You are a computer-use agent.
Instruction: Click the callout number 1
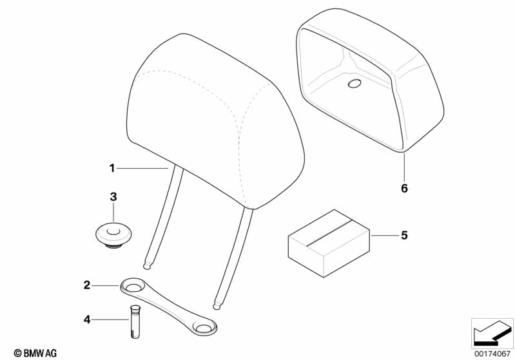112,168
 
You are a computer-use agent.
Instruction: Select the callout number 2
87,285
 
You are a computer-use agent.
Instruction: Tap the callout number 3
113,197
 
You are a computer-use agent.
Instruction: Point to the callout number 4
87,319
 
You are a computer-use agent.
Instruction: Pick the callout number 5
404,235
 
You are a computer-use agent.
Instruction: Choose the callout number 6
404,188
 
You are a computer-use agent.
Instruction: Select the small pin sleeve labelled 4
135,321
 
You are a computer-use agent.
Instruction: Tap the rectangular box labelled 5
329,243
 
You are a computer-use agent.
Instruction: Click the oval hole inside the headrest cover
354,84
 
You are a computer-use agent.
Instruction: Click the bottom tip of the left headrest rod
147,268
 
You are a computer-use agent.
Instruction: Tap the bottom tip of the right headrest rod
216,308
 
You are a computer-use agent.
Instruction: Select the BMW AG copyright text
35,353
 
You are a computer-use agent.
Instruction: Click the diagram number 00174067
492,354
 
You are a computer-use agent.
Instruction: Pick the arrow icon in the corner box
492,334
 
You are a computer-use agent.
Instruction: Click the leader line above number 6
404,167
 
